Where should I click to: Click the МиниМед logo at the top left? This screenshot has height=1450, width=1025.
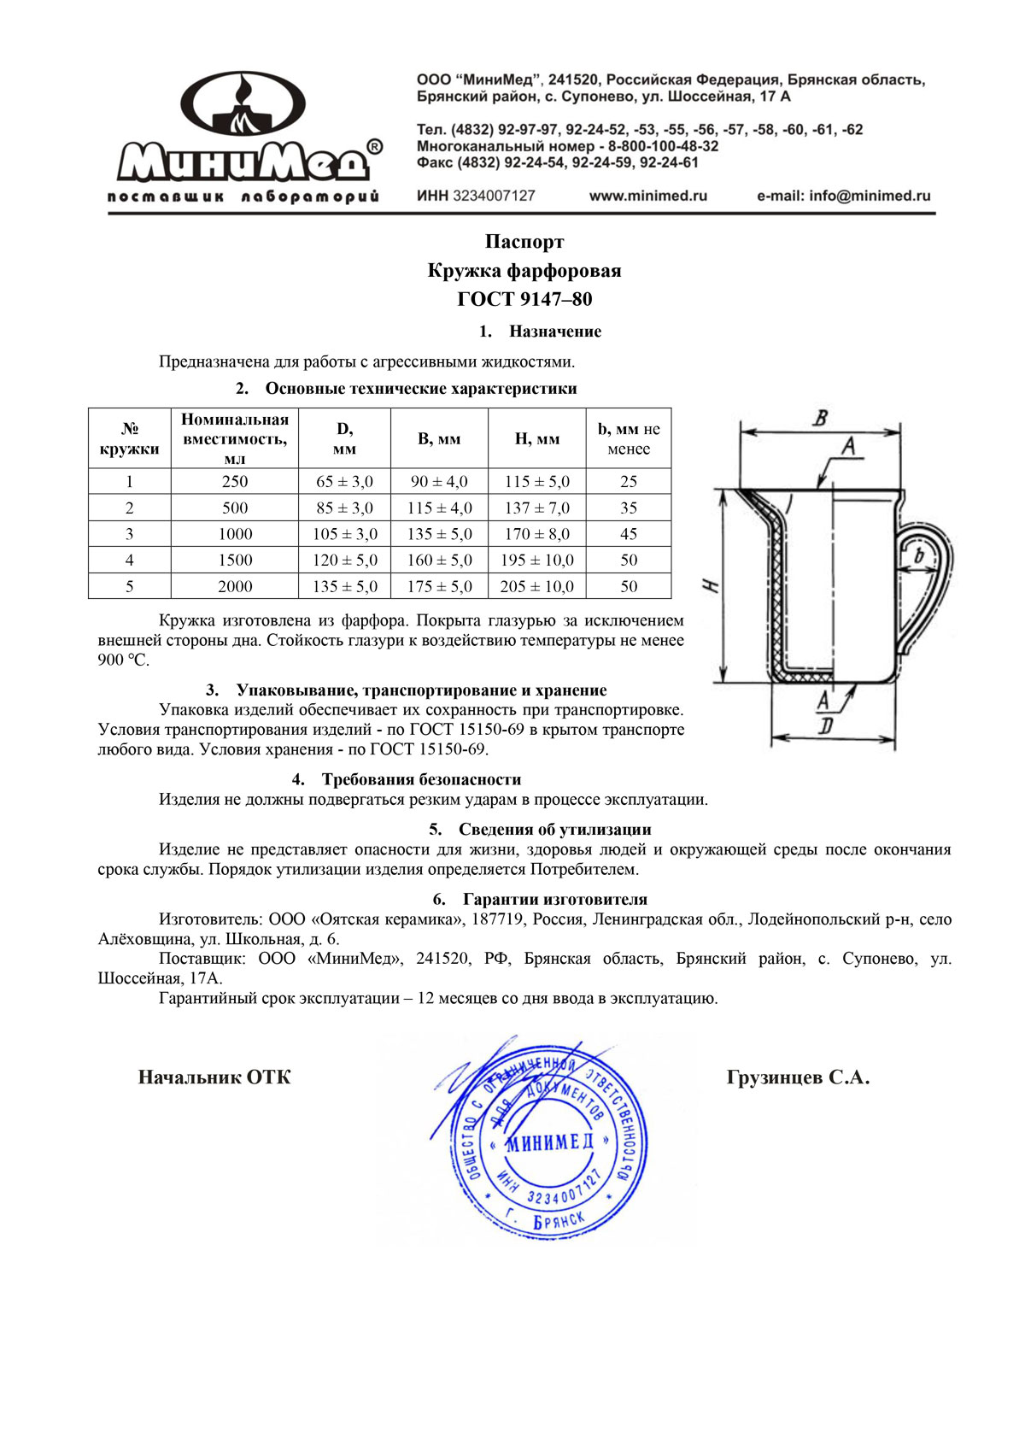pos(246,137)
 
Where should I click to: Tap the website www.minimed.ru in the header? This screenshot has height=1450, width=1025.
pos(648,196)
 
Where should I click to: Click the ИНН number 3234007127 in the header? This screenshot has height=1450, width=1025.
pos(494,196)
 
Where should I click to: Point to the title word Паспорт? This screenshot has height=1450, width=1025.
pos(524,242)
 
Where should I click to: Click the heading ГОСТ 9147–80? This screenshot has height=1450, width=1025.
pos(524,299)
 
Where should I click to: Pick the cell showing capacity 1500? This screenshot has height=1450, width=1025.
pos(235,561)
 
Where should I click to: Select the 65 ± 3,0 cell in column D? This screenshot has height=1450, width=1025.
pos(344,482)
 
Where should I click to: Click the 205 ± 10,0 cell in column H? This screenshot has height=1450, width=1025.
pos(536,587)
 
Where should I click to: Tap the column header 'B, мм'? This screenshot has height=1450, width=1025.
pos(439,439)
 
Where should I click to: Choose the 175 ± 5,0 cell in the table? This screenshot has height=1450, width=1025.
pos(439,587)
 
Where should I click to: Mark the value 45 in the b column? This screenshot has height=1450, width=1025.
pos(629,534)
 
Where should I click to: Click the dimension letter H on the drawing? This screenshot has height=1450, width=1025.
pos(712,587)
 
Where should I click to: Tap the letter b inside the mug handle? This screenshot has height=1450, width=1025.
pos(919,556)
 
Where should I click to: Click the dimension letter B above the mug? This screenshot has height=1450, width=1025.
pos(820,419)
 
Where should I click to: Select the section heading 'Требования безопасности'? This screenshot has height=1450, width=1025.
pos(421,779)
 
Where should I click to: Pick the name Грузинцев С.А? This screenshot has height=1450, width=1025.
pos(798,1077)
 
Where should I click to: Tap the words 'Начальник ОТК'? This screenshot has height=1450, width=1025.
pos(214,1077)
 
